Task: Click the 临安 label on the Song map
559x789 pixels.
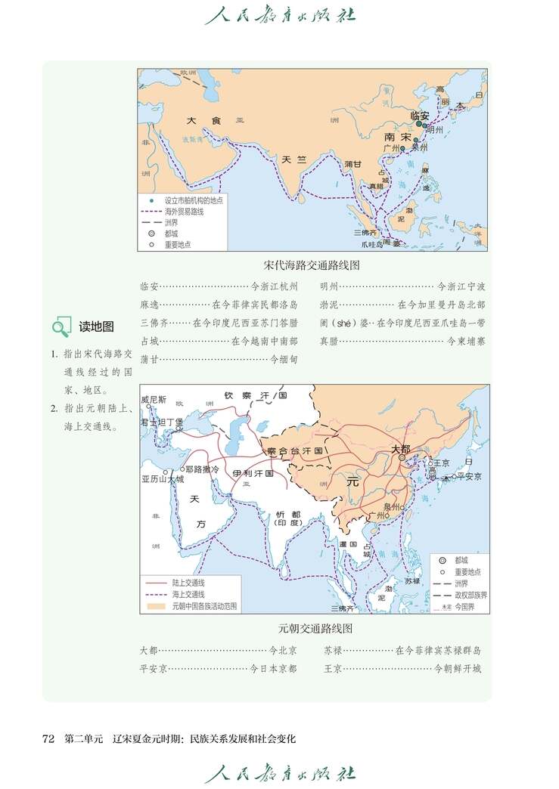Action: pos(420,116)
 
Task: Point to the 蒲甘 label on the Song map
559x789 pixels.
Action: pos(352,163)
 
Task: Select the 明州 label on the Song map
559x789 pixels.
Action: pos(434,130)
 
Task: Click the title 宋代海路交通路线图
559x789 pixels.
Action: pos(312,266)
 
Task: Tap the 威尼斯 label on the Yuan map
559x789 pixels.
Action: pos(154,399)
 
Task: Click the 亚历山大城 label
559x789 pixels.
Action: pos(162,479)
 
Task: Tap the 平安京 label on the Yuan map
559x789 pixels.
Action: pos(469,477)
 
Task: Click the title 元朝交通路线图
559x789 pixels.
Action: pos(315,628)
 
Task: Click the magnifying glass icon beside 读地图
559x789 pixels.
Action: pos(61,327)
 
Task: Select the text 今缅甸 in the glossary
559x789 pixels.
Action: pos(284,360)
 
